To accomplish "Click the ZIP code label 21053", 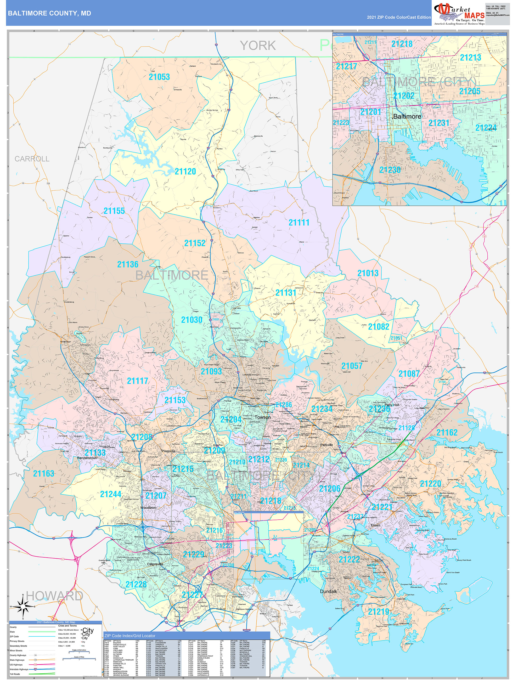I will click(159, 77).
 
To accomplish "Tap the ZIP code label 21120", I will click(185, 171).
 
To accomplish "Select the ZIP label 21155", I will click(114, 211).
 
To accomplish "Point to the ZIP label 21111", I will click(299, 223).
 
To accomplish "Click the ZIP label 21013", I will click(368, 273).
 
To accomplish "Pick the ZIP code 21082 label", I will click(379, 326).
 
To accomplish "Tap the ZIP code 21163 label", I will click(43, 473).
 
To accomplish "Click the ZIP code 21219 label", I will click(379, 612).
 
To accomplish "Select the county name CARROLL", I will click(32, 159).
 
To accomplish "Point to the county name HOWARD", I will click(54, 596).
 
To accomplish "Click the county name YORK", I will click(258, 46).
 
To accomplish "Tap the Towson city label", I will click(263, 417).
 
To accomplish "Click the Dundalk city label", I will click(329, 591).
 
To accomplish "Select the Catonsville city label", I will click(155, 564).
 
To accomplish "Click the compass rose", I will click(23, 606).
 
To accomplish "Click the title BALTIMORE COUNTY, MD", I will click(49, 13).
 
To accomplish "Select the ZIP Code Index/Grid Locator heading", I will click(129, 636).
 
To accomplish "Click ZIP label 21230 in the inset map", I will click(390, 170).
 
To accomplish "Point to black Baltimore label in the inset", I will click(407, 116).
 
